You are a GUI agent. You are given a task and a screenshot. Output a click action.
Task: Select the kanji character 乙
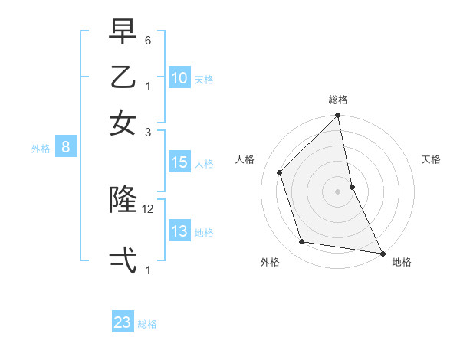(x=123, y=77)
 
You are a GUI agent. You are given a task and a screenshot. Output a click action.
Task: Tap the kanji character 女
(x=123, y=123)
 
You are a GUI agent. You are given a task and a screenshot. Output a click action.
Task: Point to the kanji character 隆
(x=123, y=200)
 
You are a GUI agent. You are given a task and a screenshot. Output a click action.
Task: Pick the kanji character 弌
(x=123, y=260)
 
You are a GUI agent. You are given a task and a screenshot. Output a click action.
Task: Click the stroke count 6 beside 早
(x=148, y=40)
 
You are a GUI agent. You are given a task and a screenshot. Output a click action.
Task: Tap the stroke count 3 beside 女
(x=148, y=132)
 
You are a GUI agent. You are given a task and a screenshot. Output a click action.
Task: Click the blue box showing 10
(x=179, y=77)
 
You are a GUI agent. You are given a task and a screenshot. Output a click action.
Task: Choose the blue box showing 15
(x=179, y=162)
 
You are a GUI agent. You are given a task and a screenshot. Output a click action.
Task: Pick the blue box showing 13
(x=179, y=231)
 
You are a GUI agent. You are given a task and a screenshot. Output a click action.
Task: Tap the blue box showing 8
(x=66, y=148)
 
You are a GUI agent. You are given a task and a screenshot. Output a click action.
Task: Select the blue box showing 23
(x=123, y=322)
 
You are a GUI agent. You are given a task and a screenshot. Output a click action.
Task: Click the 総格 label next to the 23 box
(x=147, y=324)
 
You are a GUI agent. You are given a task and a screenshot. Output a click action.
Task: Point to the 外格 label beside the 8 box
(x=41, y=149)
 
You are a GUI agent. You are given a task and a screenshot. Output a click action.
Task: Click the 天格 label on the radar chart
(x=431, y=159)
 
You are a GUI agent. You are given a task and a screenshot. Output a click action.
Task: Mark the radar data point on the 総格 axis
(x=337, y=116)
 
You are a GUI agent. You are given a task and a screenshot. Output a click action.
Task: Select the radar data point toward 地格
(x=382, y=253)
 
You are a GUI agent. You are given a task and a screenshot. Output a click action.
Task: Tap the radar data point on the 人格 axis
(x=280, y=172)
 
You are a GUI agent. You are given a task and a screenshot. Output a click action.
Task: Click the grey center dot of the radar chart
(x=337, y=191)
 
